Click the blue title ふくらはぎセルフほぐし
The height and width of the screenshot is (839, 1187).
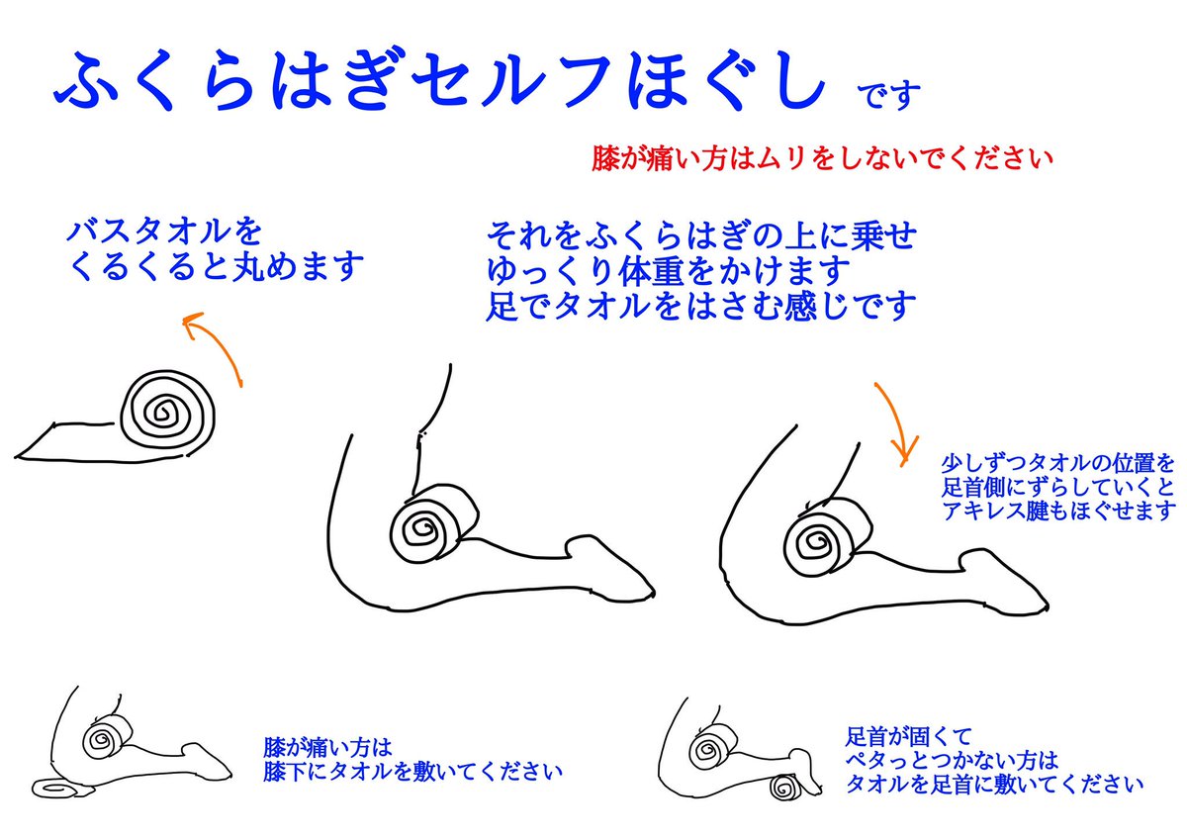point(440,80)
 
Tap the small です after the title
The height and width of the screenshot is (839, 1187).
point(888,95)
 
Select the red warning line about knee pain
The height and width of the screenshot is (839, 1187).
point(822,158)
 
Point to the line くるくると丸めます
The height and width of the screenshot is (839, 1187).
point(216,266)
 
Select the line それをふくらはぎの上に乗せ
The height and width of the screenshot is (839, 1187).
point(701,235)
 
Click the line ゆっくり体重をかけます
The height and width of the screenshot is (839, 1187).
point(669,270)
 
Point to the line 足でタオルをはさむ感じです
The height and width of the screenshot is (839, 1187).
point(701,306)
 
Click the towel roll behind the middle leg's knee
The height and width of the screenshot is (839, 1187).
point(433,522)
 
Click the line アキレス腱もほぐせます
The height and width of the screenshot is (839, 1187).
point(1057,511)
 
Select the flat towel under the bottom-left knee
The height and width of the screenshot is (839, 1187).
point(62,789)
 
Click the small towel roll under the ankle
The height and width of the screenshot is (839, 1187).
point(784,787)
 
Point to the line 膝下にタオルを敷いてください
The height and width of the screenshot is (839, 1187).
point(412,773)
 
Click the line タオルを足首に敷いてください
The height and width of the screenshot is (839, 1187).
point(993,784)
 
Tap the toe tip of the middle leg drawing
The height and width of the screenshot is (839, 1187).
point(654,592)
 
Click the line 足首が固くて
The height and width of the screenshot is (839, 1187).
point(908,736)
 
